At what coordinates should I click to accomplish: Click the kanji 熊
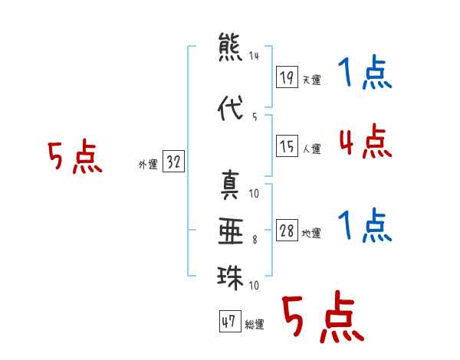pyautogui.click(x=230, y=47)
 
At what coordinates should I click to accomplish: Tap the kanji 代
pyautogui.click(x=230, y=108)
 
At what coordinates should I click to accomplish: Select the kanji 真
pyautogui.click(x=230, y=185)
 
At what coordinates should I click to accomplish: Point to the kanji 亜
pyautogui.click(x=231, y=231)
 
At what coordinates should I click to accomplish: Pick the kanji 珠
pyautogui.click(x=230, y=277)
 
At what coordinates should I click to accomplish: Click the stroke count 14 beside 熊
pyautogui.click(x=254, y=56)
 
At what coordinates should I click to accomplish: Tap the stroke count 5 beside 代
pyautogui.click(x=255, y=117)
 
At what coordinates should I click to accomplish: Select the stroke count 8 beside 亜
pyautogui.click(x=255, y=240)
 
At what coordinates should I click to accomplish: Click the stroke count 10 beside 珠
pyautogui.click(x=254, y=285)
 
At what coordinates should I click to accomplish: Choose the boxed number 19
pyautogui.click(x=287, y=77)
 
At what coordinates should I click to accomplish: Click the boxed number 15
pyautogui.click(x=287, y=146)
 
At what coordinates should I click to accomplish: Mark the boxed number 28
pyautogui.click(x=287, y=230)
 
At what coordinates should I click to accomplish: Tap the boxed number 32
pyautogui.click(x=173, y=162)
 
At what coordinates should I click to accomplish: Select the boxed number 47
pyautogui.click(x=230, y=321)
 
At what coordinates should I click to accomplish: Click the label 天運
pyautogui.click(x=312, y=80)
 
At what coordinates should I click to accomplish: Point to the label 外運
pyautogui.click(x=148, y=165)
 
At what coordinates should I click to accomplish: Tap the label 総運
pyautogui.click(x=255, y=325)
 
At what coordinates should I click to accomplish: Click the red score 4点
pyautogui.click(x=366, y=141)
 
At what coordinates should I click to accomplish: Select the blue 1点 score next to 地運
pyautogui.click(x=365, y=225)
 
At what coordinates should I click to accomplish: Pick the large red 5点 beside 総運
pyautogui.click(x=324, y=316)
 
